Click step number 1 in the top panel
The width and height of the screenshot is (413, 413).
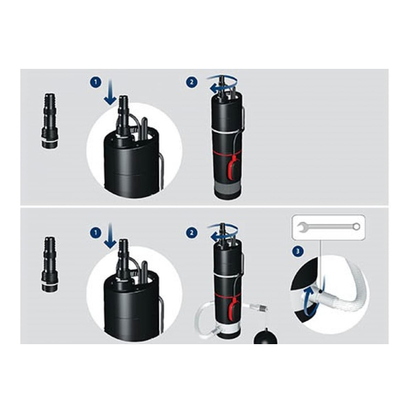(96, 82)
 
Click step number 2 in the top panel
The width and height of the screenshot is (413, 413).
(191, 82)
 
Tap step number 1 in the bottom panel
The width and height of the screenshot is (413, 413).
(96, 233)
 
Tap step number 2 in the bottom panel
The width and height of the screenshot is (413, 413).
(191, 233)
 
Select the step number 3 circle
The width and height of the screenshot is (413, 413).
(298, 251)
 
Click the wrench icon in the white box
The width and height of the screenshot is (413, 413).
(328, 227)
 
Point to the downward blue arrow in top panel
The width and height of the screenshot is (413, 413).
(110, 93)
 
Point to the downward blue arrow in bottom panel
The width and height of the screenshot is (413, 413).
(110, 235)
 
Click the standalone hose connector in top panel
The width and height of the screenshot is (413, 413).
(49, 121)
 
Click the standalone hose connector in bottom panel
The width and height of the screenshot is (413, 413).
(49, 264)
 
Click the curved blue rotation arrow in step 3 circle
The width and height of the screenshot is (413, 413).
(310, 302)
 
